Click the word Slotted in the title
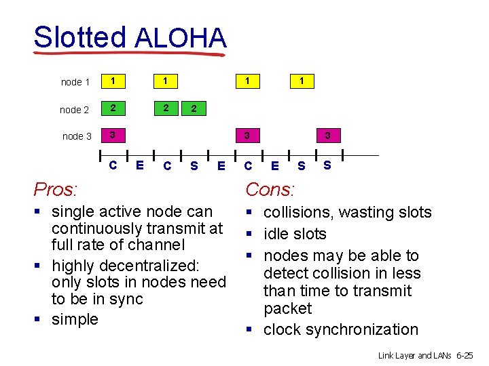click(x=79, y=38)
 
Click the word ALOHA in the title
click(x=180, y=38)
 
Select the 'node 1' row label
click(x=75, y=82)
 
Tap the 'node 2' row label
click(x=75, y=109)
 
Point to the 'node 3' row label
click(x=77, y=136)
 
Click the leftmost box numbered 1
click(x=112, y=81)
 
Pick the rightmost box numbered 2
click(x=194, y=108)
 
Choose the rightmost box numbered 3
click(x=327, y=136)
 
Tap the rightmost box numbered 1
click(x=302, y=81)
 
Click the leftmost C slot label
click(x=113, y=164)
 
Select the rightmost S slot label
click(x=327, y=164)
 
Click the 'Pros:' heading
click(x=56, y=188)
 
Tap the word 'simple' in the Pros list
click(x=75, y=319)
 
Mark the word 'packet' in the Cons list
click(x=287, y=308)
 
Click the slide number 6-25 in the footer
click(x=466, y=355)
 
